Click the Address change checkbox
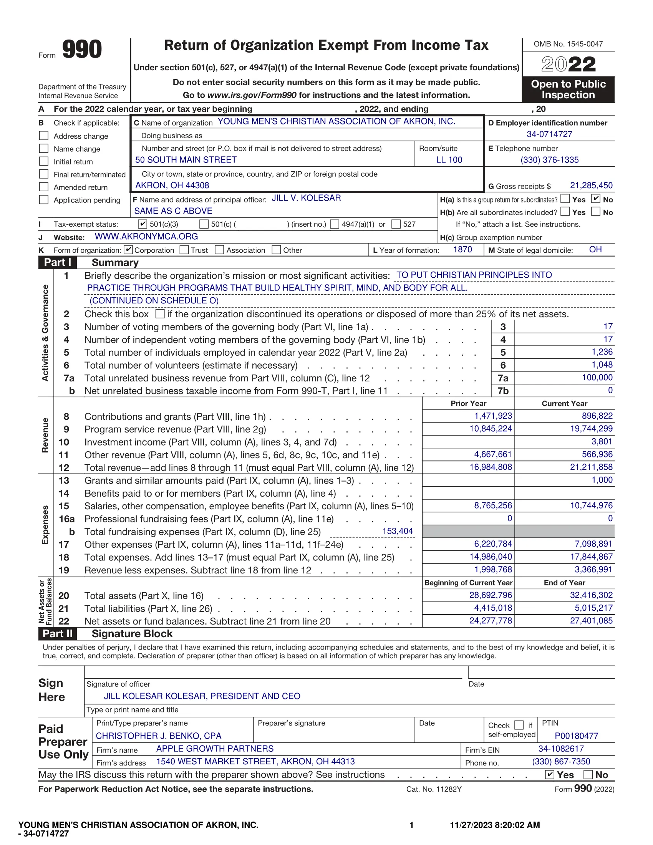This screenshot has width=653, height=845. point(44,136)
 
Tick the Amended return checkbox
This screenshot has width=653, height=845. point(44,187)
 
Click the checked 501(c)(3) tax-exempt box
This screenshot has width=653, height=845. point(143,224)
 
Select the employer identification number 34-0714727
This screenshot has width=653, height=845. point(549,134)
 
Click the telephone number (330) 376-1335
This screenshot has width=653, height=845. point(549,160)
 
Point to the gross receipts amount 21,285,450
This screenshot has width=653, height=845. point(591,186)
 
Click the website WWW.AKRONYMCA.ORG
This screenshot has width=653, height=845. point(146,236)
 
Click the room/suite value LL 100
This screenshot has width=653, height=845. point(449,160)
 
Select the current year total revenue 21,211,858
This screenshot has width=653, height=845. point(591,467)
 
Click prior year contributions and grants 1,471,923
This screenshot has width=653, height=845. point(493,416)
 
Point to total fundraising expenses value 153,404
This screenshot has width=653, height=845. point(397,531)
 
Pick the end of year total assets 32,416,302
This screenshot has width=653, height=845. point(591,595)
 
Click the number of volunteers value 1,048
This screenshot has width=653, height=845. point(602,365)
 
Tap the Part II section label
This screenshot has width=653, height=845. point(57,633)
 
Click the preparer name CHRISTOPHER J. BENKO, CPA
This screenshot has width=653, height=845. point(159,736)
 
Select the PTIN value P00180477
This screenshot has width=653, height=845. point(576,736)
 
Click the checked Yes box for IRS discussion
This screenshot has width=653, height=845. point(549,774)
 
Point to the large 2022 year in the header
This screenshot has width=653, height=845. point(568,64)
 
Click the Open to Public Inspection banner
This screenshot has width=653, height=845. point(568,89)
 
